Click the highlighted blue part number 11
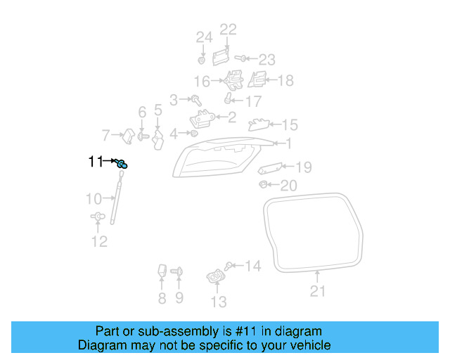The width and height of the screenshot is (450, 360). [122, 164]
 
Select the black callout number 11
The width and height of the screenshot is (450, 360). [96, 161]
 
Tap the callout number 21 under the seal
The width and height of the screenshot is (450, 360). [317, 291]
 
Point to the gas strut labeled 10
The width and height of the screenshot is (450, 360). [117, 198]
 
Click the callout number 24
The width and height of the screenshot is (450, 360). [204, 37]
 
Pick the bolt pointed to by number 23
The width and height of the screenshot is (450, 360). [240, 58]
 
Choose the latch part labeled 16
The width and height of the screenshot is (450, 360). [234, 80]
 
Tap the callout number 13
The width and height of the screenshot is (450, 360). [219, 302]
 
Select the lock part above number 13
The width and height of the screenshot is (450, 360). [216, 276]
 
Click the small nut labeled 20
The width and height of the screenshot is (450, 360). [262, 184]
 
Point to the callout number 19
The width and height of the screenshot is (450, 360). [304, 167]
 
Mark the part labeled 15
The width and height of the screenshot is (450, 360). [259, 124]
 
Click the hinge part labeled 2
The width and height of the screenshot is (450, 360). [202, 118]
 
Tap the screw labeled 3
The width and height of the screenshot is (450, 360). [197, 100]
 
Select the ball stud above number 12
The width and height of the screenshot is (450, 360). [98, 216]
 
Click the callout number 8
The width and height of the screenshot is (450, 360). [162, 298]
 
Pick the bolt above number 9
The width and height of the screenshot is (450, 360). [176, 271]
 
